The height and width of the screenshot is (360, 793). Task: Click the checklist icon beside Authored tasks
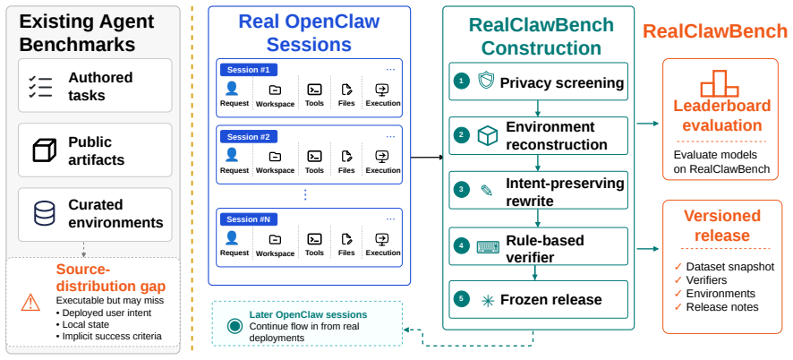pos(41,87)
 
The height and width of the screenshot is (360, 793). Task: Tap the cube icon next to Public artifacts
pos(44,150)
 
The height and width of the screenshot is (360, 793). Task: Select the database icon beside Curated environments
pos(45,213)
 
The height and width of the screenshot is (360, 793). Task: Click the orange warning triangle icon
pos(30,303)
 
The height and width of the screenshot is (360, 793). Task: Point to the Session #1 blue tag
pos(248,70)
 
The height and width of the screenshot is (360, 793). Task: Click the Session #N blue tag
pos(248,219)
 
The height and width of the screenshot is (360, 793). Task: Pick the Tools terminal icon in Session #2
pos(314,156)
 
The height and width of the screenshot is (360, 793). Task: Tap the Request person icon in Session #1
pos(232,89)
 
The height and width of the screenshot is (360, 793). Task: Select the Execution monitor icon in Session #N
pos(382,239)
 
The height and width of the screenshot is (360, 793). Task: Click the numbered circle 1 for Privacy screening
pos(461,81)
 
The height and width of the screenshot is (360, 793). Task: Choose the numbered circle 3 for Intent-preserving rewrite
pos(461,190)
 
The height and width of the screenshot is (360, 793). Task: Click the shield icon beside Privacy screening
pos(485,81)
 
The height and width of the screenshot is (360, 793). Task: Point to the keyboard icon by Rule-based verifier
pos(488,247)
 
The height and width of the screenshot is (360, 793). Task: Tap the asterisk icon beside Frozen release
pos(488,301)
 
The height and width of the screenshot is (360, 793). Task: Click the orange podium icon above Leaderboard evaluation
pos(720,83)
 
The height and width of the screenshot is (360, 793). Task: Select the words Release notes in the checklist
pos(722,307)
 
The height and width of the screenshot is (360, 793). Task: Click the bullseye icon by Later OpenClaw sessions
pos(234,326)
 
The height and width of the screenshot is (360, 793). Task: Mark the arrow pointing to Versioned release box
pos(648,249)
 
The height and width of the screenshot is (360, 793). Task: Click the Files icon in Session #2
pos(346,156)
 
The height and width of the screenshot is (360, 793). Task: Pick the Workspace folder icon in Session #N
pos(275,239)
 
